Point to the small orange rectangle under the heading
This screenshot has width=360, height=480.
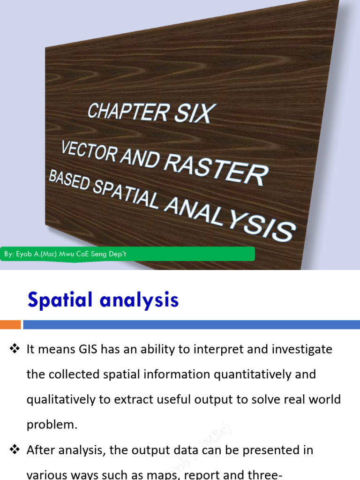coord(10,324)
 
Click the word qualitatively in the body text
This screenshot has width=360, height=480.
coord(58,400)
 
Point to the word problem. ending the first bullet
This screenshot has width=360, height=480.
coord(52,425)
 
